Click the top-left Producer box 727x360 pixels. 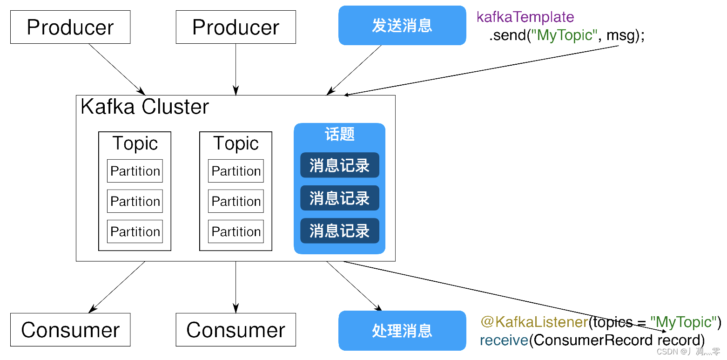coord(70,27)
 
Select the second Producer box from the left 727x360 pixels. coord(236,27)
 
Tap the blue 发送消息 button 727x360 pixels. coord(402,26)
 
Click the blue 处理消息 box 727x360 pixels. coord(402,331)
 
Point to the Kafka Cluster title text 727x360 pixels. coord(145,107)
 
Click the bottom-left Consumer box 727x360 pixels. coord(70,330)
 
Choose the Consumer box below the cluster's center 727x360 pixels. coord(236,330)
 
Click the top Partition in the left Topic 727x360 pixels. coord(135,171)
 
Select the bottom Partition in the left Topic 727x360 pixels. coord(135,231)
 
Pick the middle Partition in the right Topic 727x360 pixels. coord(236,201)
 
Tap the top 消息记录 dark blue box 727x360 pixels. coord(339,165)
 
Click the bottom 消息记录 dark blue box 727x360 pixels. coord(339,231)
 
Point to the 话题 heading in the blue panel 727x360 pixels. coord(339,134)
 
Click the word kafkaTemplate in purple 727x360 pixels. coord(525,17)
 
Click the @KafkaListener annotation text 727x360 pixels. coord(534,322)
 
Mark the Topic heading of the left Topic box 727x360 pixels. coord(135,143)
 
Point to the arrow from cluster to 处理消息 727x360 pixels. coord(354,286)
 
